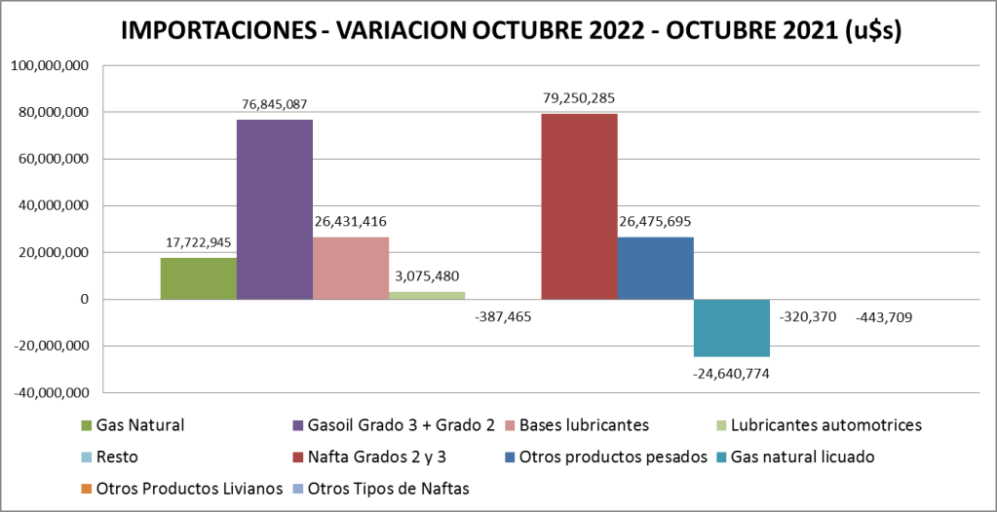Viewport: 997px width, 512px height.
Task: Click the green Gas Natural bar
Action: pos(199,278)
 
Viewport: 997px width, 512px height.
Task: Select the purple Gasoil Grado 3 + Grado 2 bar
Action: pos(275,209)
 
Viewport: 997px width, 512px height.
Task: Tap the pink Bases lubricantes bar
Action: pos(351,268)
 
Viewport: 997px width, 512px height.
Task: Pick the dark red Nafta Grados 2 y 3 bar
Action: pos(579,206)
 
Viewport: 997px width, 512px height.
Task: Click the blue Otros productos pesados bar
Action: pos(655,268)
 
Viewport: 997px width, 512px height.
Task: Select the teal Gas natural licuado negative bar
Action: pos(731,328)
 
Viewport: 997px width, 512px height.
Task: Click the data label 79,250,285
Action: pos(579,97)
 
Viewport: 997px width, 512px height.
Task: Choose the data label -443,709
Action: pos(884,316)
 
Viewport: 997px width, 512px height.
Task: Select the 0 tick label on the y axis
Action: pos(85,299)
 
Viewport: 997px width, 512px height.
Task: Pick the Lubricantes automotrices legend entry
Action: pos(825,424)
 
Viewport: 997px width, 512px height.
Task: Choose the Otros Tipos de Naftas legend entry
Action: pos(388,489)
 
